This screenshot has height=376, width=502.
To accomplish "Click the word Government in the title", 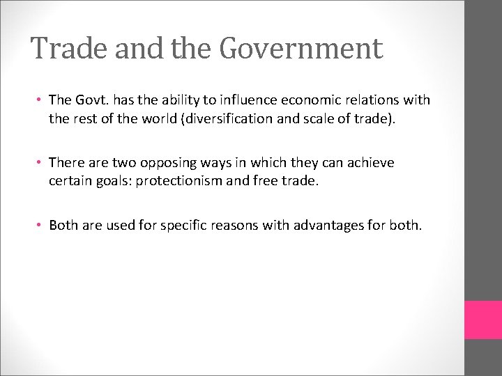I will (301, 49).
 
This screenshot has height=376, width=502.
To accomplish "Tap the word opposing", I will (168, 163).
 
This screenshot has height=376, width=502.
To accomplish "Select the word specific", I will (183, 226).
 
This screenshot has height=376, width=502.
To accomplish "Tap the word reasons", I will (237, 226).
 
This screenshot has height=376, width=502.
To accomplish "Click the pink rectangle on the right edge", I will (483, 320).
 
